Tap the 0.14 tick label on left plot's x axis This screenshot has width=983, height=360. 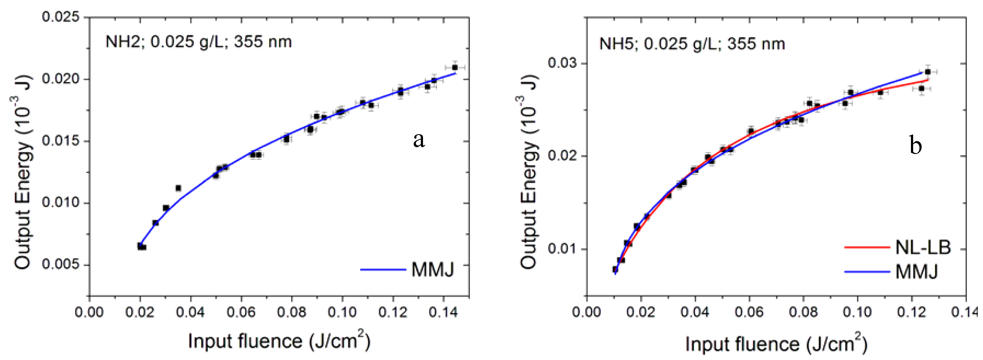pos(443,312)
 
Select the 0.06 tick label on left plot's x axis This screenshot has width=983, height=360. pos(241,312)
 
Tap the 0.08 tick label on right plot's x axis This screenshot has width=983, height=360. pos(803,312)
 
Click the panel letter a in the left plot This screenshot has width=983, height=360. pos(419,140)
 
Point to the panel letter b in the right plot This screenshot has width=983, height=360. pos(915,145)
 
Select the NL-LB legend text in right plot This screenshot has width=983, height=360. pos(923,247)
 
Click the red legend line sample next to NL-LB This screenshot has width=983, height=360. pos(867,247)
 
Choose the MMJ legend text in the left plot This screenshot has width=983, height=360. pos(433,270)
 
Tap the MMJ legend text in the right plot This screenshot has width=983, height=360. pos(917,272)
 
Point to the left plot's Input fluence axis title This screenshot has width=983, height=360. pos(279,341)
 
